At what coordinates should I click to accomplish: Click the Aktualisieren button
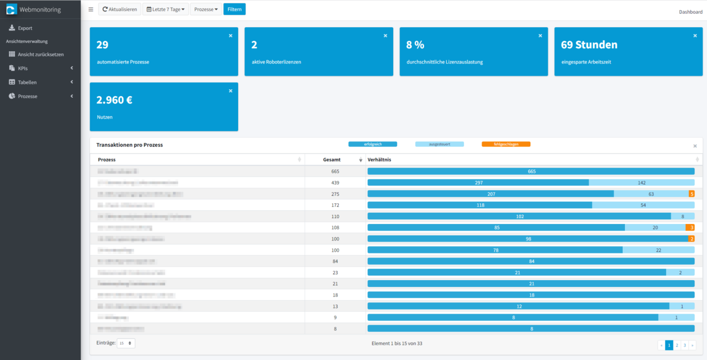[120, 9]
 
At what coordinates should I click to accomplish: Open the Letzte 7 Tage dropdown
[165, 9]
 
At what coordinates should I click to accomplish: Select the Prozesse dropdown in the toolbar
[206, 9]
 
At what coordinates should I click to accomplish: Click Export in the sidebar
[25, 28]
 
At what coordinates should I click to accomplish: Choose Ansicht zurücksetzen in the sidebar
[40, 54]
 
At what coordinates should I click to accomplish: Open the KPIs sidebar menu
[23, 69]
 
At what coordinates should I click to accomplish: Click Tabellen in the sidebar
[27, 82]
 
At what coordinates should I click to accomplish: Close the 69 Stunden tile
[695, 35]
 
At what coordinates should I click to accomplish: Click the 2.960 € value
[114, 100]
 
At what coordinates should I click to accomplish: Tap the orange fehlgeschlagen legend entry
[506, 144]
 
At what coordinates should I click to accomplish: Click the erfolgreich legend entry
[373, 144]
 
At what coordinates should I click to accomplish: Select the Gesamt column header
[332, 160]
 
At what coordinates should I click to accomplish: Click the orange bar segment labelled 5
[692, 194]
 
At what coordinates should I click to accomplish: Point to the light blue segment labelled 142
[642, 183]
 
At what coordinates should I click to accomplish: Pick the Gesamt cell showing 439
[335, 183]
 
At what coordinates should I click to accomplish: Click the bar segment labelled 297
[479, 183]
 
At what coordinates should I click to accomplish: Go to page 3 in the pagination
[685, 345]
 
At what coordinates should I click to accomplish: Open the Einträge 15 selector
[126, 344]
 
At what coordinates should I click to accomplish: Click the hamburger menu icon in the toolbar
[91, 9]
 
